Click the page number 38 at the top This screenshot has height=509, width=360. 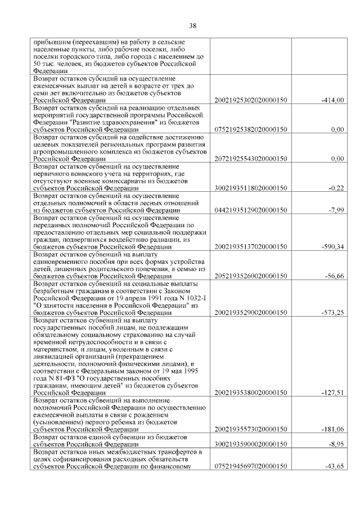pos(192,25)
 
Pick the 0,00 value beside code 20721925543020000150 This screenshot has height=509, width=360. pos(337,159)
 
